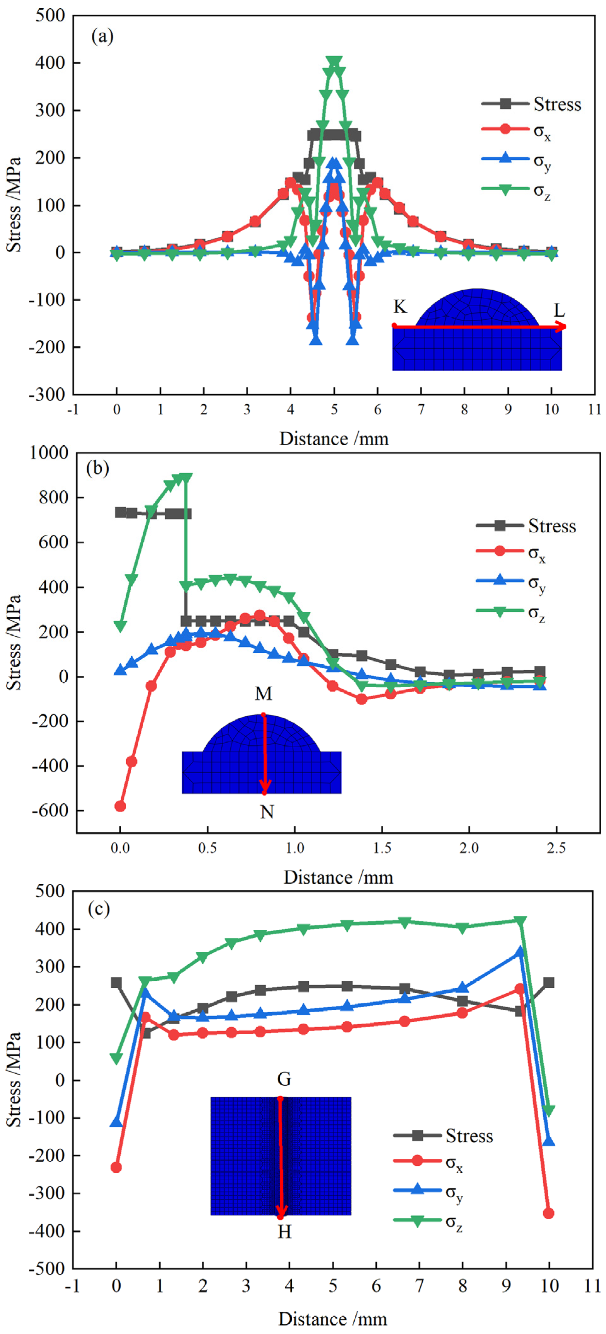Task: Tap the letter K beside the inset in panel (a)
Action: coord(399,307)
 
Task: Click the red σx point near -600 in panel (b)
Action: coord(120,806)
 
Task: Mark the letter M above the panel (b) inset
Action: coord(263,693)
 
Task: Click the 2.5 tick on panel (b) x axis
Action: coord(556,848)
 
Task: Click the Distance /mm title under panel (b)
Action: coord(339,877)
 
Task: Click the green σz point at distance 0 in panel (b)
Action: coord(120,627)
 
